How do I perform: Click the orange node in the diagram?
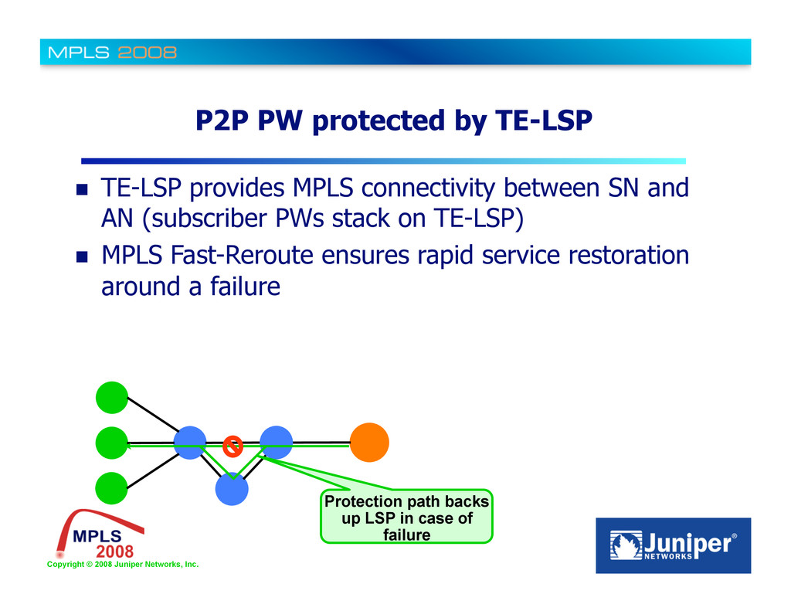pyautogui.click(x=369, y=443)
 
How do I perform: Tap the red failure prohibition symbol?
pyautogui.click(x=233, y=446)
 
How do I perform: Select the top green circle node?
pyautogui.click(x=112, y=398)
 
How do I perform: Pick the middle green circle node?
pyautogui.click(x=112, y=443)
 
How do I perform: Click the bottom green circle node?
pyautogui.click(x=112, y=488)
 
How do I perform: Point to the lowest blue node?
pyautogui.click(x=232, y=489)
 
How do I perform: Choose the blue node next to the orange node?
pyautogui.click(x=276, y=442)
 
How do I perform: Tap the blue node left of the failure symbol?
pyautogui.click(x=189, y=443)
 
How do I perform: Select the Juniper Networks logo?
pyautogui.click(x=673, y=545)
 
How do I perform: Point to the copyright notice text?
pyautogui.click(x=123, y=565)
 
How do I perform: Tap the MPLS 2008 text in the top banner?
pyautogui.click(x=113, y=53)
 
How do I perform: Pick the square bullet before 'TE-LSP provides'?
pyautogui.click(x=82, y=190)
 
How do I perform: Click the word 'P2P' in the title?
pyautogui.click(x=221, y=121)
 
